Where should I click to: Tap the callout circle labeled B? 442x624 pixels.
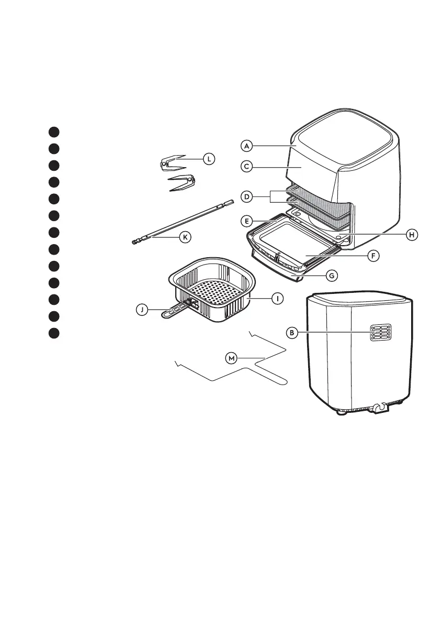click(x=293, y=332)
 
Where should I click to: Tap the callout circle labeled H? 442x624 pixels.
click(x=413, y=235)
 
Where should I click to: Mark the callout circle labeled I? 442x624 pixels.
click(x=278, y=298)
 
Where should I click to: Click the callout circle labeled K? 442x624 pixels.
click(x=184, y=237)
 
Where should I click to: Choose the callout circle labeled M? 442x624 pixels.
click(x=231, y=358)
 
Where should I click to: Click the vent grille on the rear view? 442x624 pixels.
click(x=380, y=331)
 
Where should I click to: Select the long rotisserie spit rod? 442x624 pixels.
click(x=183, y=223)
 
